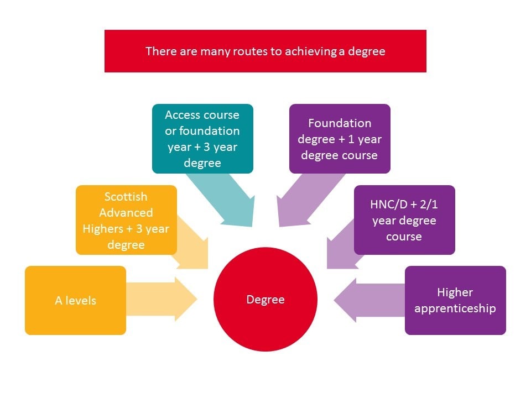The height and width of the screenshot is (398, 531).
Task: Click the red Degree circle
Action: (265, 300)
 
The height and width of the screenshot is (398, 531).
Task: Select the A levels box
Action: (75, 301)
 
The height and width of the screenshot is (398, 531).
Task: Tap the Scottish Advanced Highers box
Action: (126, 220)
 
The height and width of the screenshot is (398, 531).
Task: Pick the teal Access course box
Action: (202, 138)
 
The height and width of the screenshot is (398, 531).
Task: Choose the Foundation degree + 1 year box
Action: (340, 138)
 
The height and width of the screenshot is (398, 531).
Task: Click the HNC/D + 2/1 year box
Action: (404, 220)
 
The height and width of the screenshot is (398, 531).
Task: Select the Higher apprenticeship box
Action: (455, 300)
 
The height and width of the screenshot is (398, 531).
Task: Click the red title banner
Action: (265, 51)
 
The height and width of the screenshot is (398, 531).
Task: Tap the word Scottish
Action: (126, 196)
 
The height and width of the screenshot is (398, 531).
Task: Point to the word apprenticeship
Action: (455, 308)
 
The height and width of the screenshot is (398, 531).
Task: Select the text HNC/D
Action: (389, 204)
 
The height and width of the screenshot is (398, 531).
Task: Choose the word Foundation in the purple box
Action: (340, 123)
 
